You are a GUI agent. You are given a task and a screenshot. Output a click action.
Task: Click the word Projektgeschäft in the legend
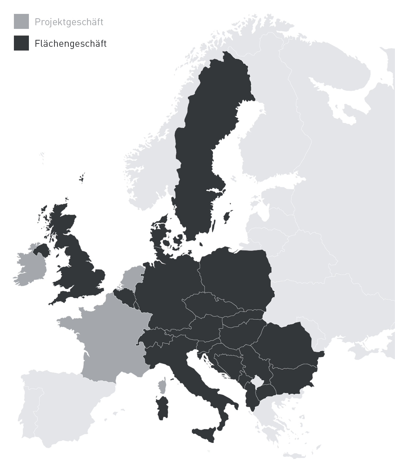coord(69,22)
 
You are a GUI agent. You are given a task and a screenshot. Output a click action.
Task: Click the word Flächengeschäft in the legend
coord(71,44)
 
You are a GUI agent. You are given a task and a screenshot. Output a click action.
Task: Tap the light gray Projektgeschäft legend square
coord(21,22)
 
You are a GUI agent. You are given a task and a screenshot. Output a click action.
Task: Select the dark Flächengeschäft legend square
coord(21,43)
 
